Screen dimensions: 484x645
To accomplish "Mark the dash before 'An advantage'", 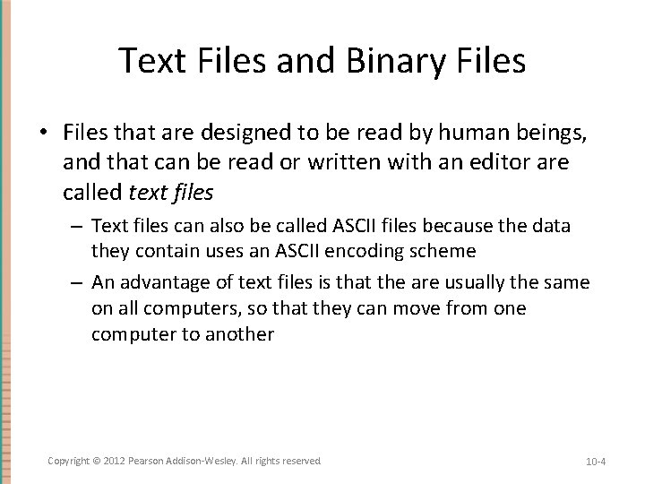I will click(79, 283).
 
